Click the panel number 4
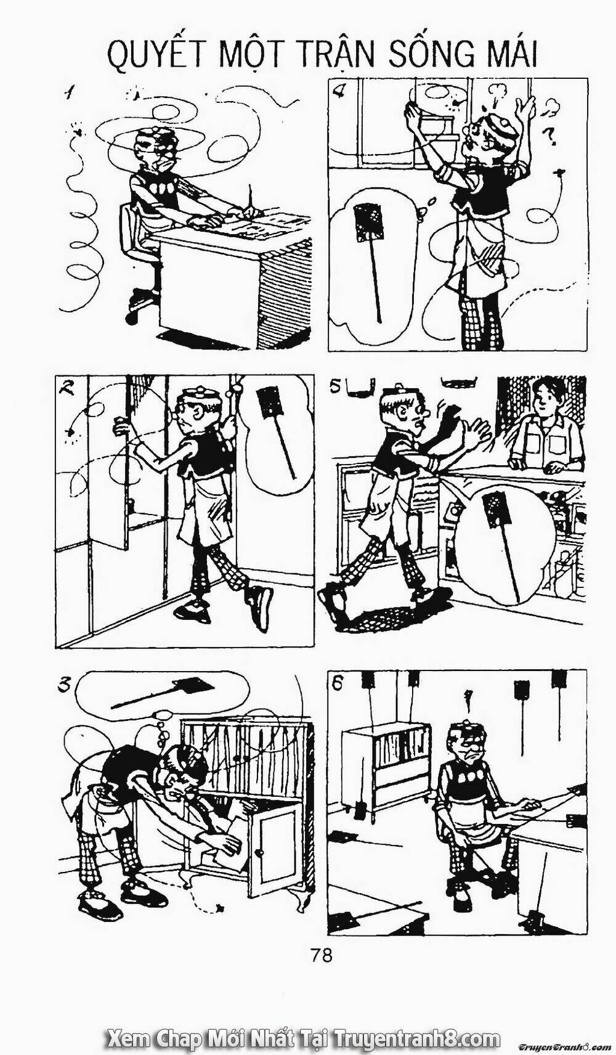(338, 93)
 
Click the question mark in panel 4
(548, 135)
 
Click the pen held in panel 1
(251, 200)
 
